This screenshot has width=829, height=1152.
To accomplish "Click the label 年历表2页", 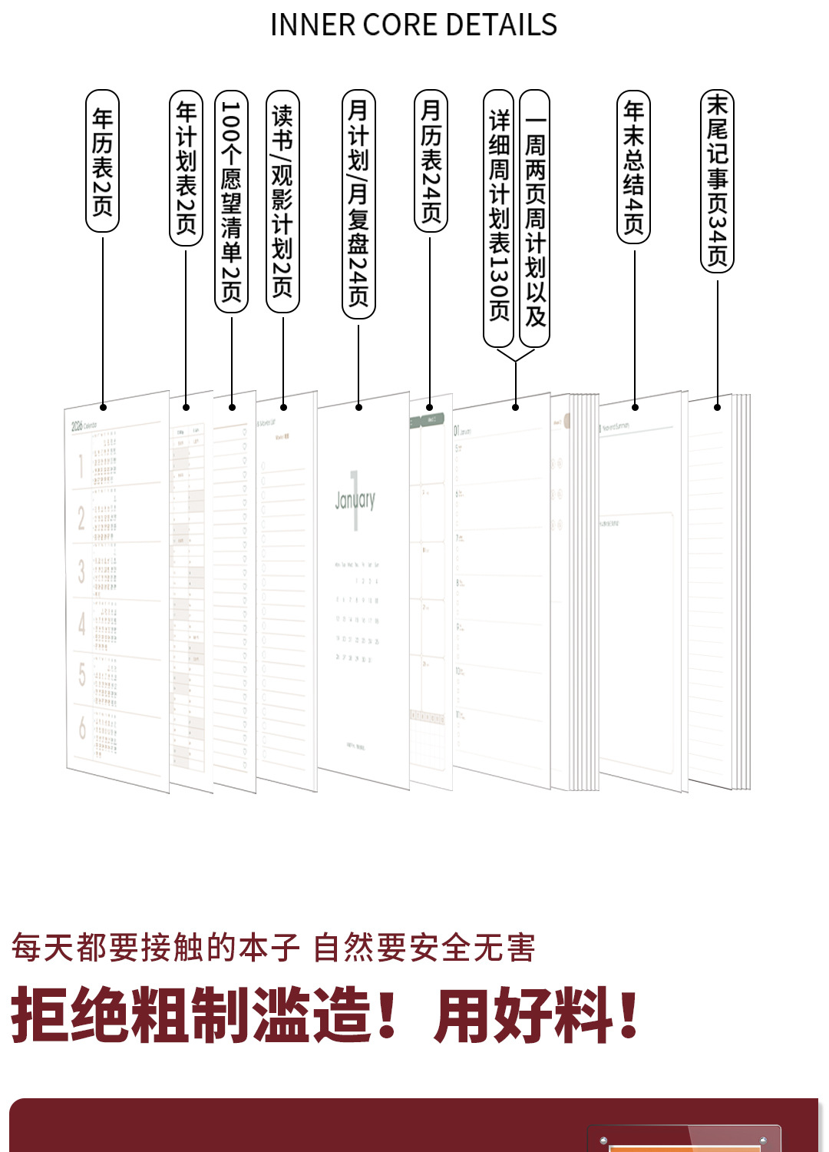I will click(102, 161).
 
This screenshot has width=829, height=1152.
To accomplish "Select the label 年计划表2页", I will click(186, 167).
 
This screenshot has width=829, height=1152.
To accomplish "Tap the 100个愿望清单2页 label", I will click(231, 201).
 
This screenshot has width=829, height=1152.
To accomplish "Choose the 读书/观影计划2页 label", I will click(282, 201).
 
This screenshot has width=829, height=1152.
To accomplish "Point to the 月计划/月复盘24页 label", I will click(358, 204).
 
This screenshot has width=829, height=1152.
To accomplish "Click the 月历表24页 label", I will click(431, 161).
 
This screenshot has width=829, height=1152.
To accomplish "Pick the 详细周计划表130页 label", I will click(499, 217).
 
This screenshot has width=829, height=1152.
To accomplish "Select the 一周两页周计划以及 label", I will click(535, 218).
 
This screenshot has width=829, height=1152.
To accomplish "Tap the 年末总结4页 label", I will click(634, 167).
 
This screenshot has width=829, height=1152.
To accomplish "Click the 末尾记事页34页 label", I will click(718, 180).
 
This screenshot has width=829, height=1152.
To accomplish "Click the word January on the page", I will click(355, 500).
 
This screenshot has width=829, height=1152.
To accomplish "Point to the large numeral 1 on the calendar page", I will click(80, 467).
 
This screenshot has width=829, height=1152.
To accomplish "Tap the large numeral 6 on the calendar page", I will click(81, 727).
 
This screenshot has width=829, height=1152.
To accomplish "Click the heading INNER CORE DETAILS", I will click(414, 25).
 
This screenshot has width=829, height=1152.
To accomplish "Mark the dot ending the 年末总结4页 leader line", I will click(635, 406).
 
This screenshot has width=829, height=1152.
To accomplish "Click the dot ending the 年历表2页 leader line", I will click(103, 407).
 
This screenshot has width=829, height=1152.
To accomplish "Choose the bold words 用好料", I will click(524, 1015).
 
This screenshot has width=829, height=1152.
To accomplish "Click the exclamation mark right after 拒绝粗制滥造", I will click(388, 1015).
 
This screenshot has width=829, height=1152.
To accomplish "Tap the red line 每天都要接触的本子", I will click(154, 948).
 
